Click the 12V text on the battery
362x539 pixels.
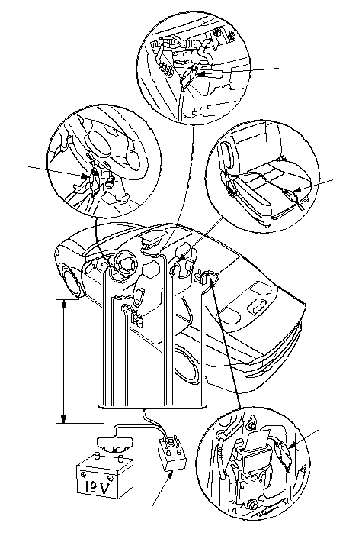pyautogui.click(x=97, y=486)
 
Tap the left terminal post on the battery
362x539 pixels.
pyautogui.click(x=97, y=457)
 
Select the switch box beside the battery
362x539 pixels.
pyautogui.click(x=172, y=453)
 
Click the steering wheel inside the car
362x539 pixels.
pyautogui.click(x=124, y=265)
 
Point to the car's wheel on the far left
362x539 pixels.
pyautogui.click(x=73, y=280)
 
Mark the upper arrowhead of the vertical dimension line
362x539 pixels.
pyautogui.click(x=63, y=304)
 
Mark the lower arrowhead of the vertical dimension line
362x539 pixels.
pyautogui.click(x=63, y=418)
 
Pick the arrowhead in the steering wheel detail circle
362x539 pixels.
pyautogui.click(x=85, y=176)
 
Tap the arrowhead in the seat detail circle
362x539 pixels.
pyautogui.click(x=298, y=189)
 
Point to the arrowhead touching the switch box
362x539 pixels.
pyautogui.click(x=171, y=476)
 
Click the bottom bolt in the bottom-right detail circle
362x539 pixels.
pyautogui.click(x=251, y=505)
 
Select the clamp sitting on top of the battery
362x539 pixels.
pyautogui.click(x=114, y=444)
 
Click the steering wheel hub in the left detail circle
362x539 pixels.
pyautogui.click(x=97, y=139)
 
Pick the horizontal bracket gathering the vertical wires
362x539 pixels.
pyautogui.click(x=152, y=407)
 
